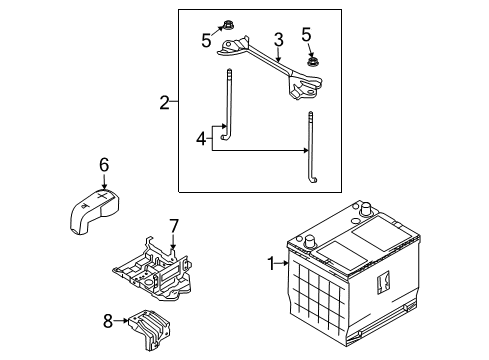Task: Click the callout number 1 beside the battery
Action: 270,264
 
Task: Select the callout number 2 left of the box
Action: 165,102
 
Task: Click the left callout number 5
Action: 206,40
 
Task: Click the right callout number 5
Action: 307,33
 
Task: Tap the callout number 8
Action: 108,322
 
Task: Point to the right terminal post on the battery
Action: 367,212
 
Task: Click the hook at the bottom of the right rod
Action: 314,180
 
